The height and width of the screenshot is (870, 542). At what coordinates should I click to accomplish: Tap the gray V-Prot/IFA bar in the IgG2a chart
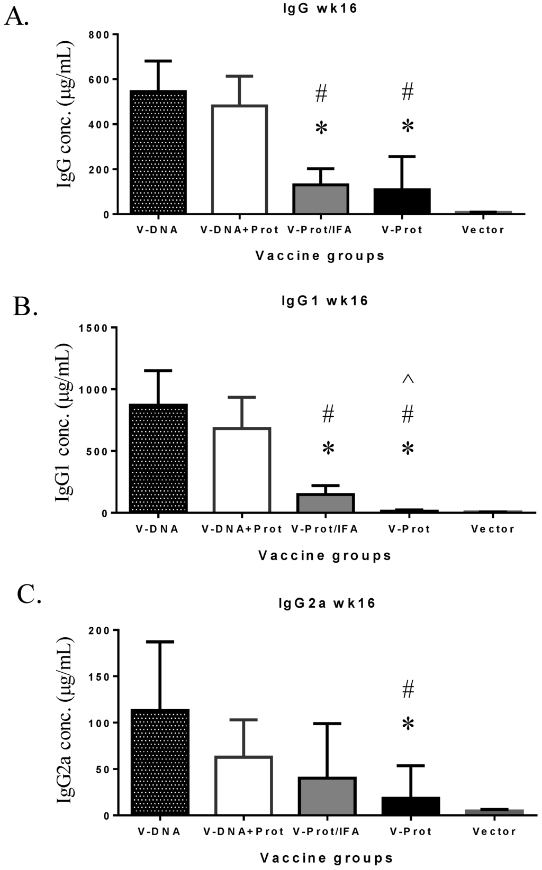(x=327, y=796)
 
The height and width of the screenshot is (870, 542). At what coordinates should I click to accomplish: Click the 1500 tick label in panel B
(x=94, y=328)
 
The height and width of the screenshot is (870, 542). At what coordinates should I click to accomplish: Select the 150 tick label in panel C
(x=100, y=676)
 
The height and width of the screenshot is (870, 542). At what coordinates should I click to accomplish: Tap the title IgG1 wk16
(x=324, y=301)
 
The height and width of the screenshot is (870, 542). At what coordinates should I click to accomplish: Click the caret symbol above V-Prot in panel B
(x=408, y=379)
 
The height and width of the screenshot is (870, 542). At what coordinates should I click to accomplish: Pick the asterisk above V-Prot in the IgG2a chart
(x=408, y=724)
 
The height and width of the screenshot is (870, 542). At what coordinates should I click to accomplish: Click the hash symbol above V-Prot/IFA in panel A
(x=321, y=95)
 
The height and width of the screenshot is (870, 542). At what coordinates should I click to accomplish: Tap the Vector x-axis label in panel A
(x=483, y=230)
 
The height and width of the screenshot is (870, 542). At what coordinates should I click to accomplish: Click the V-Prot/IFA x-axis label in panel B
(x=325, y=529)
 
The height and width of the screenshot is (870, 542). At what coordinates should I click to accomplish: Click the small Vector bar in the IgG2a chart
(x=494, y=812)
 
